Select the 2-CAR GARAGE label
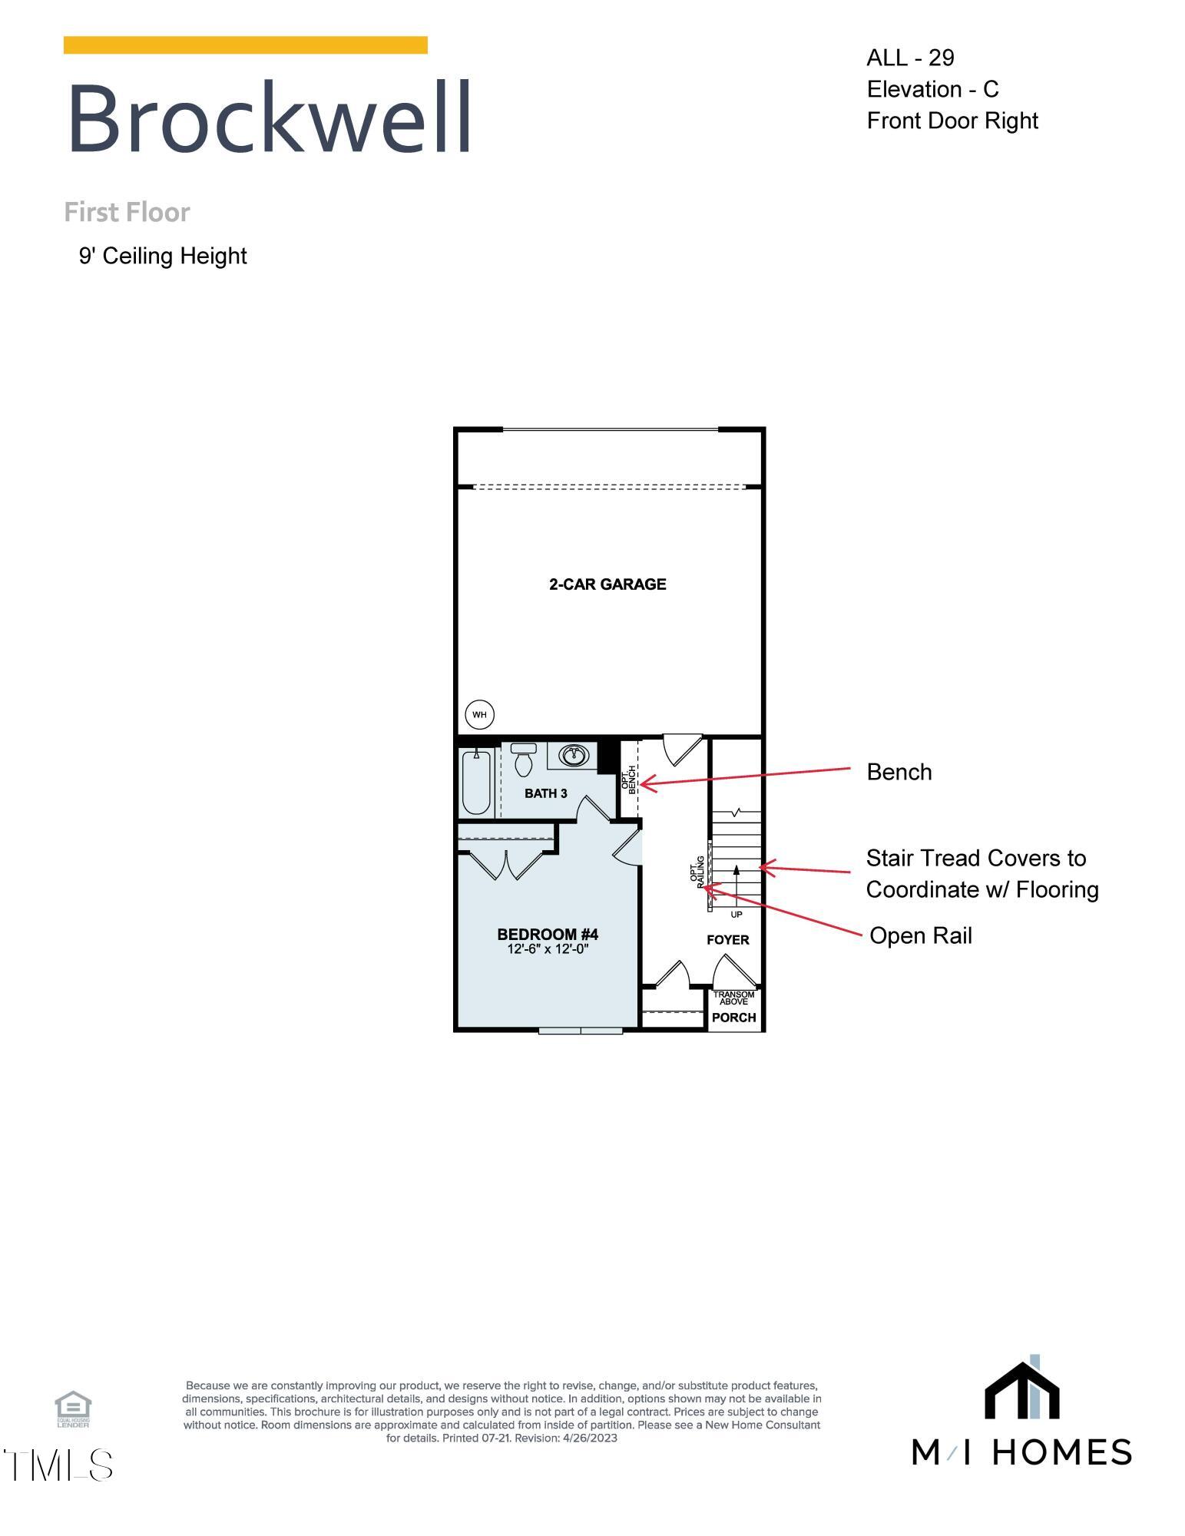point(607,584)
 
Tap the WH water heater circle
point(479,715)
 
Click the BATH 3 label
point(546,793)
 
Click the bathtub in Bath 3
point(476,782)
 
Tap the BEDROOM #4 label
point(548,934)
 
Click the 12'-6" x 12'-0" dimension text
point(548,949)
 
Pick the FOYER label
point(727,940)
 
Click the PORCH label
point(734,1018)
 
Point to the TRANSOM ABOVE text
point(734,998)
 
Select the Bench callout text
point(899,772)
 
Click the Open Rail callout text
point(920,935)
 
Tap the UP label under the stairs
point(736,915)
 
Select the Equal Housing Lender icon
point(73,1409)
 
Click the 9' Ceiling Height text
point(163,256)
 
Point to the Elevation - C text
point(932,89)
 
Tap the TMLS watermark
point(58,1465)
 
